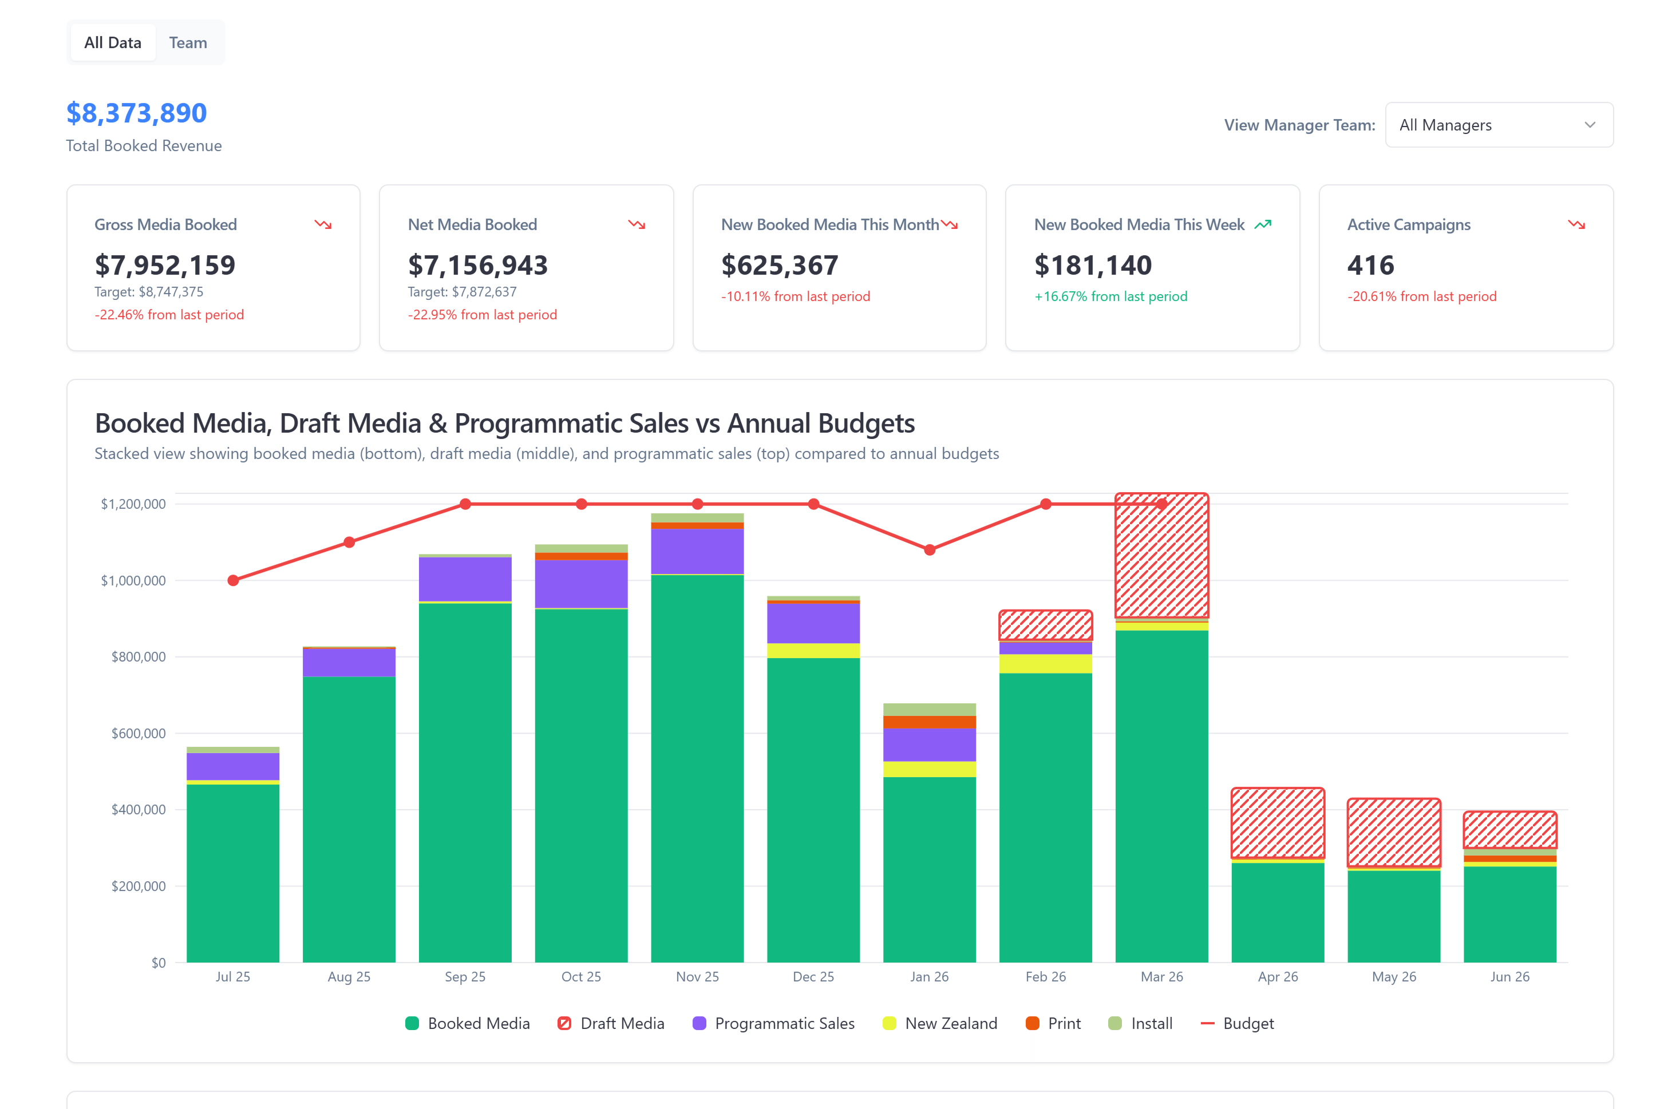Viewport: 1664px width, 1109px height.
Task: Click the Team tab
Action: click(x=188, y=42)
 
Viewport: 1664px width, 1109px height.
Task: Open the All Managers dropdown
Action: click(x=1498, y=125)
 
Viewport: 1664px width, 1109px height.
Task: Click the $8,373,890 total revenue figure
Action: click(x=137, y=113)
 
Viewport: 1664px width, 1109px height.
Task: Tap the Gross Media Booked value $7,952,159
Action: click(x=165, y=265)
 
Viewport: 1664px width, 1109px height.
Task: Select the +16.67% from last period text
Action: click(x=1110, y=296)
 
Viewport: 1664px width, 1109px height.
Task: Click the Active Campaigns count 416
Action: click(x=1370, y=265)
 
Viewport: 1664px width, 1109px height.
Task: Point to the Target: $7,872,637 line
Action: click(x=462, y=291)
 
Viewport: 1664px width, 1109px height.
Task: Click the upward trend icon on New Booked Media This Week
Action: click(x=1262, y=225)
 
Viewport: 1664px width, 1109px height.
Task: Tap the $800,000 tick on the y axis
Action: click(x=138, y=657)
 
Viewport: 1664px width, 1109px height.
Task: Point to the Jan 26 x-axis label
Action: click(x=929, y=977)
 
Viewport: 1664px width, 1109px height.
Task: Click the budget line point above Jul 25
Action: click(x=233, y=581)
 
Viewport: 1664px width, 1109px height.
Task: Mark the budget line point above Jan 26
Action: click(x=930, y=549)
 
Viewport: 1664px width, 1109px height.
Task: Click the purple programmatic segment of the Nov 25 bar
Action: click(x=697, y=552)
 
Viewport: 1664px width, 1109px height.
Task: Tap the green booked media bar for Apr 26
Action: click(x=1278, y=912)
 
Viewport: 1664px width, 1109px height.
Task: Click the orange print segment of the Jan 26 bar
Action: click(x=929, y=722)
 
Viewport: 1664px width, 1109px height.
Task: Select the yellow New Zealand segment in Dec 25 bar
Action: click(x=813, y=651)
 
